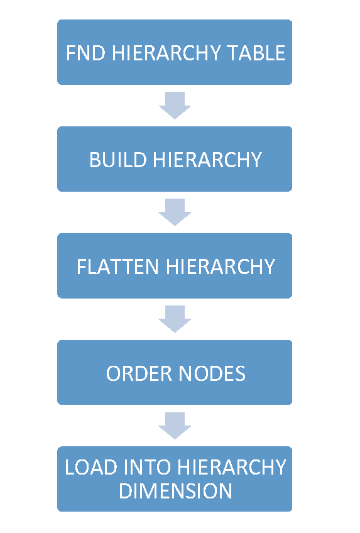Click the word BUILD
(119, 160)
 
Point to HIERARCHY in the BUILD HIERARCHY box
(207, 160)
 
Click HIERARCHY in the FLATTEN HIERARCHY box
(220, 266)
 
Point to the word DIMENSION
(175, 491)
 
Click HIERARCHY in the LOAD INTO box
(232, 468)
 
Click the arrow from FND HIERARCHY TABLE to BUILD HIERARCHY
(175, 105)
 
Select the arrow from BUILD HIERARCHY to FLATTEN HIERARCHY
(175, 212)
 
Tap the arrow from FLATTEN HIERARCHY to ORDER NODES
(175, 319)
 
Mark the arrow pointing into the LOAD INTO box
(175, 426)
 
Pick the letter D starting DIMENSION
(125, 491)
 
